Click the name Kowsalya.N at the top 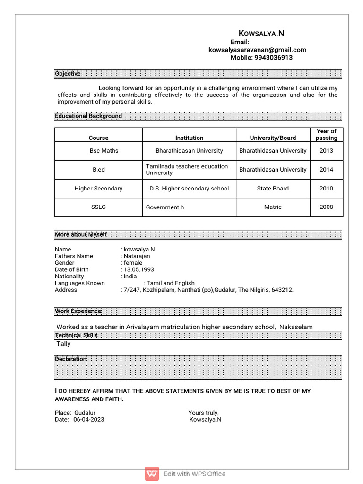point(261,33)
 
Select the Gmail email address point(258,50)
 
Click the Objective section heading point(68,74)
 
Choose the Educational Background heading point(88,116)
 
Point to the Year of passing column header point(326,135)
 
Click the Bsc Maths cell point(104,151)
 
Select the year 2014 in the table point(326,170)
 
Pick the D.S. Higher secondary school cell point(189,189)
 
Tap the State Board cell point(273,189)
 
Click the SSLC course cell point(98,207)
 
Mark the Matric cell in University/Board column point(273,207)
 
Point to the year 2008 point(326,207)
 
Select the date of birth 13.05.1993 point(139,269)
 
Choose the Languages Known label point(79,283)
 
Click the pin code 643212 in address point(282,290)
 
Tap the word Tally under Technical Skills point(63,344)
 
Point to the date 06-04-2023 point(89,420)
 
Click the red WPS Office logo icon point(152,474)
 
